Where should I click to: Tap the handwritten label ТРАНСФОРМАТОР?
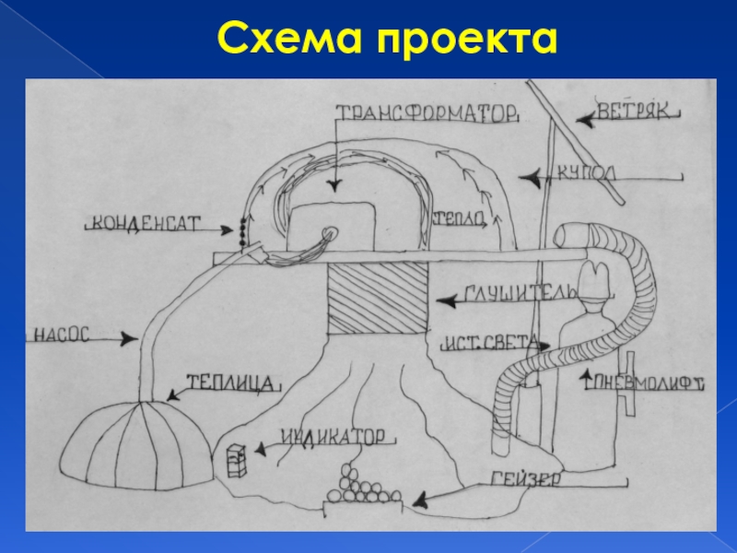point(426,114)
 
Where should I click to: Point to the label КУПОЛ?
point(586,172)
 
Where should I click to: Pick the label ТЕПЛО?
point(458,217)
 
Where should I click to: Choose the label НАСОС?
point(62,335)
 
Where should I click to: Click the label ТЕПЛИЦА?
point(231,381)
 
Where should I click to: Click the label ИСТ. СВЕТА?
point(487,343)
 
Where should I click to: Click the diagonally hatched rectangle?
point(379,299)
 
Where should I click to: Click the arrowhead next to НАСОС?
point(133,341)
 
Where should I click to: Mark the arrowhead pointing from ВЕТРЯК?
point(581,118)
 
